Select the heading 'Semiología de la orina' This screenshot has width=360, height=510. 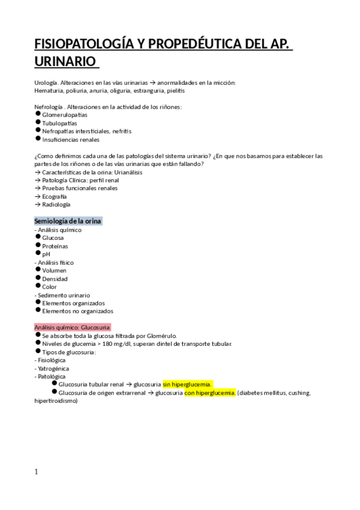(68, 221)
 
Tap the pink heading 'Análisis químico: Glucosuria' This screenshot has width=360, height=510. (72, 327)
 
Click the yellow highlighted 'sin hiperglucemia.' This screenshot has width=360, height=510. (188, 384)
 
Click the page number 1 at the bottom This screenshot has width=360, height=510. (37, 472)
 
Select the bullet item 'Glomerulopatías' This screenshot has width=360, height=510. (64, 115)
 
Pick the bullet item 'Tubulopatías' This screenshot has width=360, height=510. (59, 123)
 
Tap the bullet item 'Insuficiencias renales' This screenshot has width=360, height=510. (70, 140)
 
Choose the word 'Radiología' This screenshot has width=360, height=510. (56, 204)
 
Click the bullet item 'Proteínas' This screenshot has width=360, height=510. (55, 246)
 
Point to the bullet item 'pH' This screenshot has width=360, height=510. (46, 254)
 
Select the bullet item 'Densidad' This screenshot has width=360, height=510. (55, 278)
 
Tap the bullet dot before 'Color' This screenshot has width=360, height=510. (38, 286)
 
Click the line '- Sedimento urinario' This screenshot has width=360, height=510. (63, 295)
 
